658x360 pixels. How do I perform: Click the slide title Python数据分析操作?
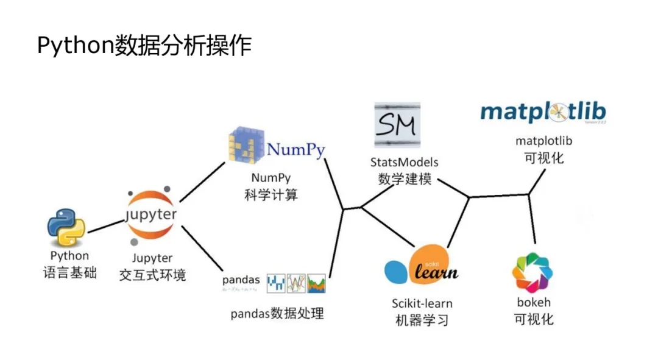tap(144, 46)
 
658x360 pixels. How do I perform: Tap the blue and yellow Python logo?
tap(66, 227)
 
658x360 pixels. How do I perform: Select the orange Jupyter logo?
tap(151, 215)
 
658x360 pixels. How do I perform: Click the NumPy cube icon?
tap(247, 147)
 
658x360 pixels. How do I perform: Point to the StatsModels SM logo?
tap(397, 125)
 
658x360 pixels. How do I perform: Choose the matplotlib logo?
tap(543, 113)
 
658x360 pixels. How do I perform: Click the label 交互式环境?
tap(152, 275)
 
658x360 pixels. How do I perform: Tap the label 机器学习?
tap(422, 319)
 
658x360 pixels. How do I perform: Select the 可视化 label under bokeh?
tap(534, 318)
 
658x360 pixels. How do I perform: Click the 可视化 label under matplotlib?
tap(544, 157)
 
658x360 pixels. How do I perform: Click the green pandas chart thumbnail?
tap(317, 283)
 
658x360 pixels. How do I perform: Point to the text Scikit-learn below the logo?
tap(422, 303)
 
